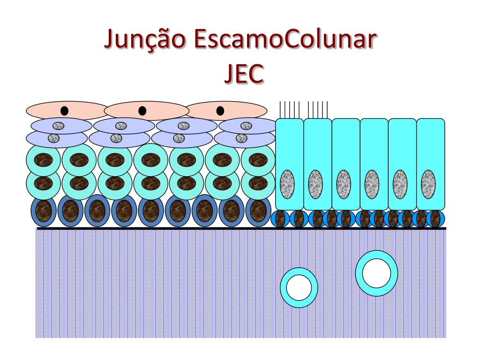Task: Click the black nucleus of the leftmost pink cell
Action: (x=65, y=111)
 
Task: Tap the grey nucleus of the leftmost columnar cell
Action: (x=287, y=182)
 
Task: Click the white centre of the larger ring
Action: (x=376, y=273)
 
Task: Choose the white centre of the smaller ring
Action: (x=299, y=287)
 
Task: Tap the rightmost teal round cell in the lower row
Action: (x=257, y=183)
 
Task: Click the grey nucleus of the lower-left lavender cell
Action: (x=54, y=138)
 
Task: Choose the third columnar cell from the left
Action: (x=346, y=164)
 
